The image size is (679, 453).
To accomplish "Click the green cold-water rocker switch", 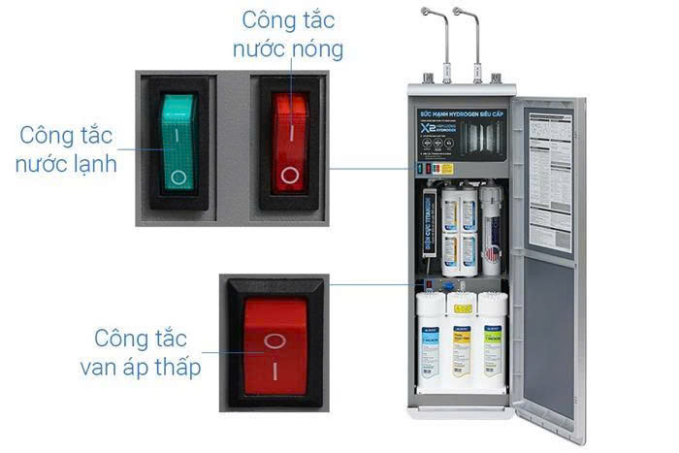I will click(x=177, y=142).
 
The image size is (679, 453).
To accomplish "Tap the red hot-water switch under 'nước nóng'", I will click(x=289, y=142).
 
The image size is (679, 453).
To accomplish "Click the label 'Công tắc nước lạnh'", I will click(x=66, y=147).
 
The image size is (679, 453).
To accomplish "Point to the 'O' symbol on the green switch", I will click(x=177, y=178).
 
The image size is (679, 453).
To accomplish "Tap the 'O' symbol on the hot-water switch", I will click(x=289, y=176).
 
